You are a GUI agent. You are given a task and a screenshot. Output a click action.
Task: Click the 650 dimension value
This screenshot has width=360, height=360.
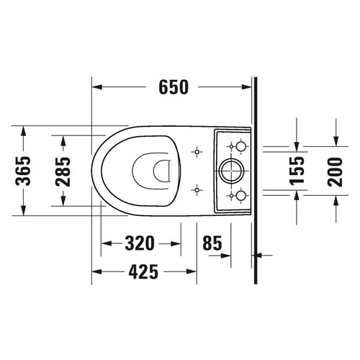[174, 87]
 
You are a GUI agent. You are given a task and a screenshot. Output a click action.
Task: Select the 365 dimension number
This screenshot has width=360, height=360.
[23, 171]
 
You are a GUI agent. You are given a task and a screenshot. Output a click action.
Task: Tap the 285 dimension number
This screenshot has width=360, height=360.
[63, 171]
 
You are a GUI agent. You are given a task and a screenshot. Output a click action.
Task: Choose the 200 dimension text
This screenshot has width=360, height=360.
[336, 171]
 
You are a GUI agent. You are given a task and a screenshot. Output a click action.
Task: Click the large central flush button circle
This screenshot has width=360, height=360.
[232, 171]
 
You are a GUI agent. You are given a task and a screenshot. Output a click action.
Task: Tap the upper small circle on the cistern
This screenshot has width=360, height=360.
[240, 147]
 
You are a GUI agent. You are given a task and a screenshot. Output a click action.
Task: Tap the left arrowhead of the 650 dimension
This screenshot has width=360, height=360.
[97, 87]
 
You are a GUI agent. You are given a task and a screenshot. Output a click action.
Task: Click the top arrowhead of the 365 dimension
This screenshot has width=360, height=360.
[23, 130]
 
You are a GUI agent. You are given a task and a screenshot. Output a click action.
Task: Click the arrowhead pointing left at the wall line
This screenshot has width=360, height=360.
[259, 254]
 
